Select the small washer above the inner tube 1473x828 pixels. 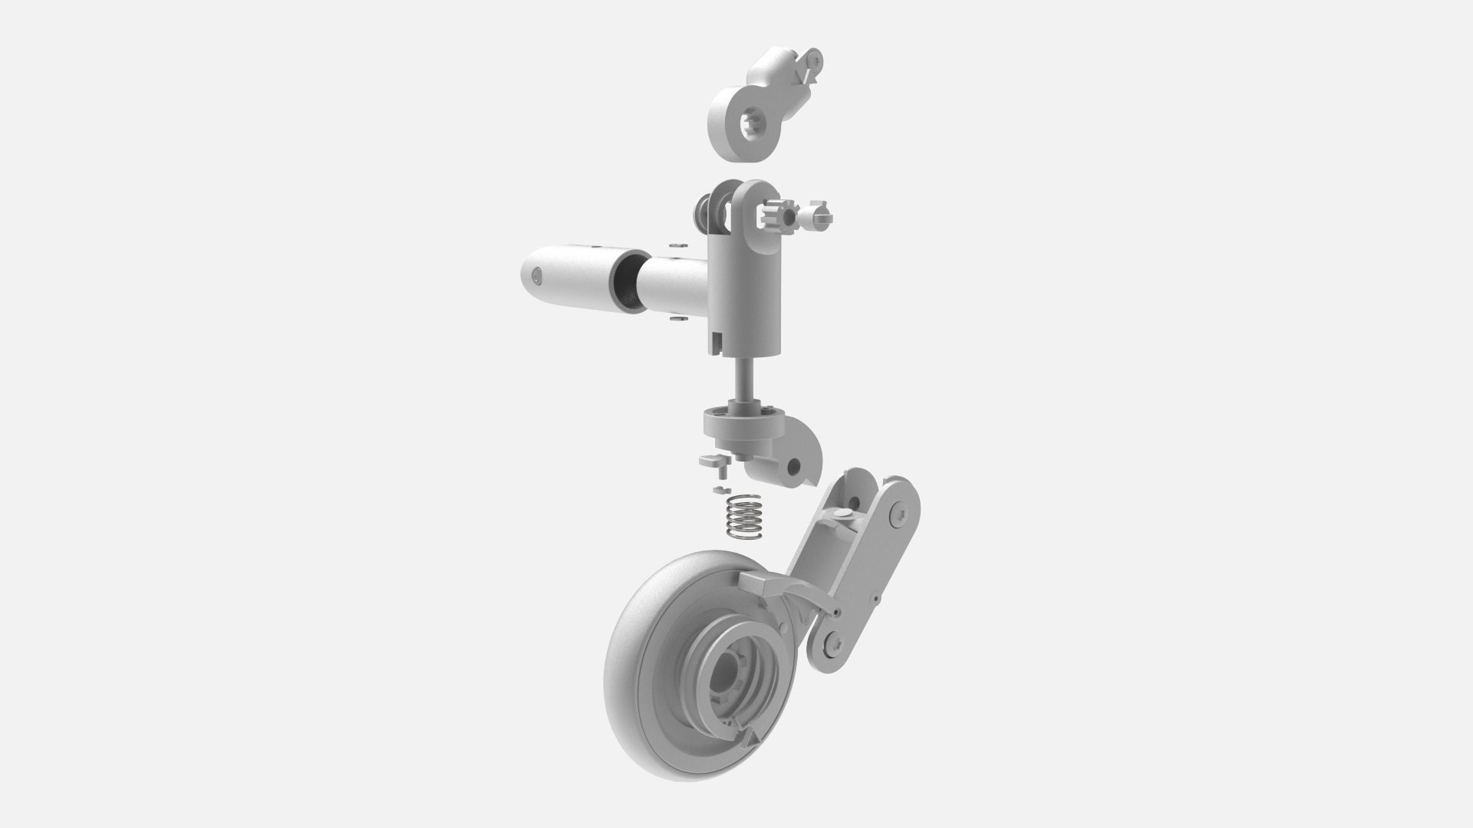tap(676, 246)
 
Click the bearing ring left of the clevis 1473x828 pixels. tap(703, 209)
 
